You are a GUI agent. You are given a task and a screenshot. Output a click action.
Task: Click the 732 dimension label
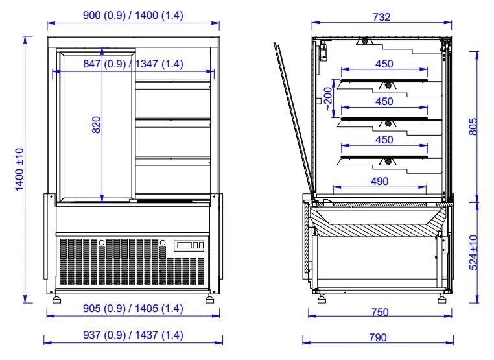[x=382, y=17]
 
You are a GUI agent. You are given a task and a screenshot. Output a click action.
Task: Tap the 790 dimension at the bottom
[x=378, y=337]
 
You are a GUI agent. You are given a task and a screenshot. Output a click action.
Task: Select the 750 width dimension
[x=380, y=312]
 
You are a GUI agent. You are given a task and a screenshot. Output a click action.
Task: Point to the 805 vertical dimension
[x=473, y=126]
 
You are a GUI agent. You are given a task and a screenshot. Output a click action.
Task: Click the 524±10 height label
[x=473, y=252]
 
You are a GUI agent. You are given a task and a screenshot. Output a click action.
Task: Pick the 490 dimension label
[x=380, y=181]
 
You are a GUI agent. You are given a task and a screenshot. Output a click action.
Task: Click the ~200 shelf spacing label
[x=328, y=99]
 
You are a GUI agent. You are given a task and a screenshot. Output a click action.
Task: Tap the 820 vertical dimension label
[x=96, y=125]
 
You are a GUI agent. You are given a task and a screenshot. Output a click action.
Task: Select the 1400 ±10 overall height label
[x=19, y=169]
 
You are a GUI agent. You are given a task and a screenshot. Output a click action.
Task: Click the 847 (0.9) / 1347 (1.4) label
[x=133, y=64]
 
